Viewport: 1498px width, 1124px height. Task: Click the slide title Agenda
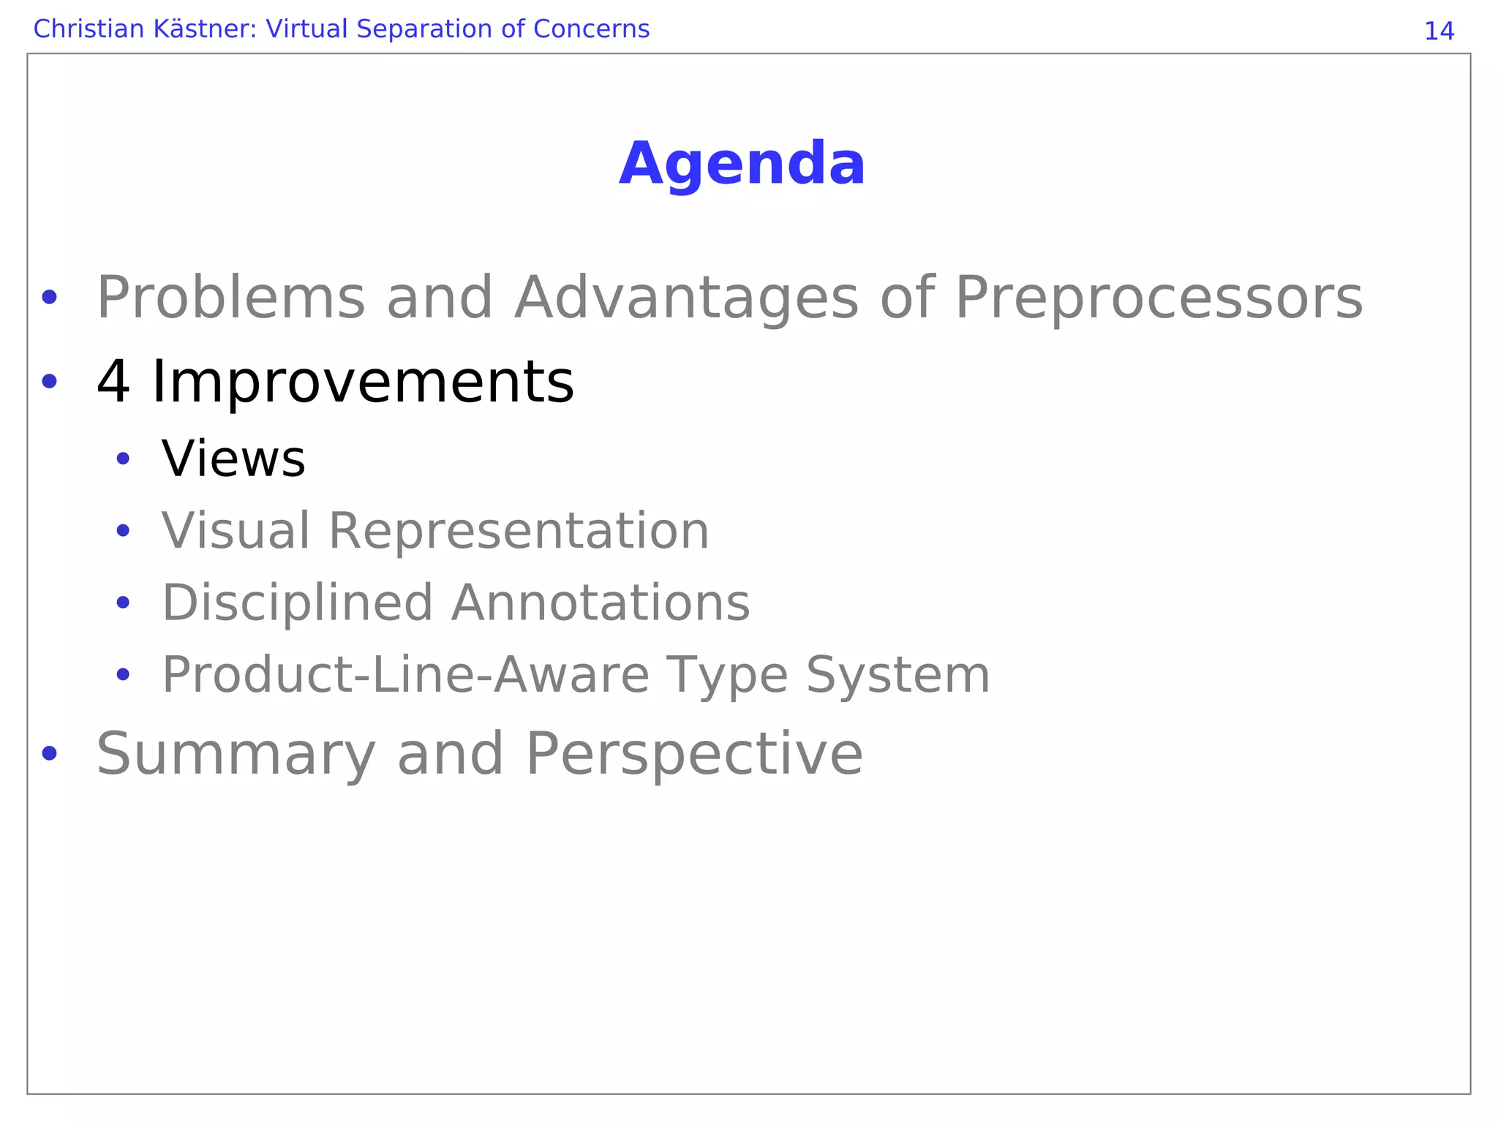point(742,164)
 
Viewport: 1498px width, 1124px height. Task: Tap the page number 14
point(1439,31)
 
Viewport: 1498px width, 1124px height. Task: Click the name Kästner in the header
point(198,29)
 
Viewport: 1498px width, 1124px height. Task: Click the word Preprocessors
point(1159,298)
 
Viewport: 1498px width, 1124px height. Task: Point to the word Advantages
point(686,298)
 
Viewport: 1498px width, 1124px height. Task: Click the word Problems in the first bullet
point(230,298)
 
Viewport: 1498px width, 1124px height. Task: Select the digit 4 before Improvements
point(113,382)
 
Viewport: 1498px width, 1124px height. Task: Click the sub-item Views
point(233,459)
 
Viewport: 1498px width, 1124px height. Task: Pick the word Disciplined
point(297,603)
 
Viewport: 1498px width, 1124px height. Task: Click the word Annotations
point(601,603)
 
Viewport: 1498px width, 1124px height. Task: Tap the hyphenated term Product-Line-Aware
point(405,675)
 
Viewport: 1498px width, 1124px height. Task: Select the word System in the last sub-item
point(897,675)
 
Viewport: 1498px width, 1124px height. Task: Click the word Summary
point(236,755)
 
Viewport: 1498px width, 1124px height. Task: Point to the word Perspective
point(694,755)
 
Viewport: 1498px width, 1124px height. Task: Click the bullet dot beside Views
point(123,459)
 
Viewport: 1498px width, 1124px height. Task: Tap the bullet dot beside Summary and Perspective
point(49,753)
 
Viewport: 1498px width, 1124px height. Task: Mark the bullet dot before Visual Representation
point(123,531)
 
